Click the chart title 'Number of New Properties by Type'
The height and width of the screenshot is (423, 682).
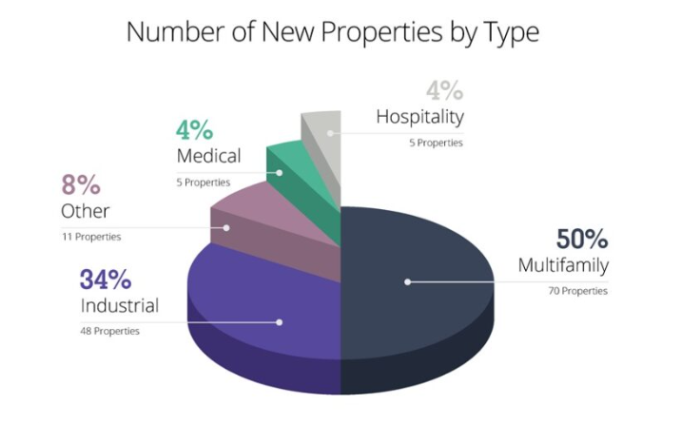tap(332, 32)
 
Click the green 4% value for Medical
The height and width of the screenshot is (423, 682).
tap(195, 130)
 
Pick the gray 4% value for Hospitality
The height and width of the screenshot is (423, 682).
tap(443, 92)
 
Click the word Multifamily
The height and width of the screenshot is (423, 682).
tap(563, 265)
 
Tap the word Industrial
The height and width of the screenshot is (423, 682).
tap(119, 306)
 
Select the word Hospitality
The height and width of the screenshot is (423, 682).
tap(419, 118)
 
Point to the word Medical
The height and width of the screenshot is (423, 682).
tap(208, 156)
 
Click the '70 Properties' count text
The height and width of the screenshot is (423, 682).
tap(575, 290)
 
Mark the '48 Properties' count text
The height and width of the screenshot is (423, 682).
tap(109, 331)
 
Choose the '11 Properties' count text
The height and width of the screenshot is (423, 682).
tap(90, 236)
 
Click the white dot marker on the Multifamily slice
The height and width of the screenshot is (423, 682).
tap(407, 281)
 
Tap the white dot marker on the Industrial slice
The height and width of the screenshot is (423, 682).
tap(279, 322)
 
